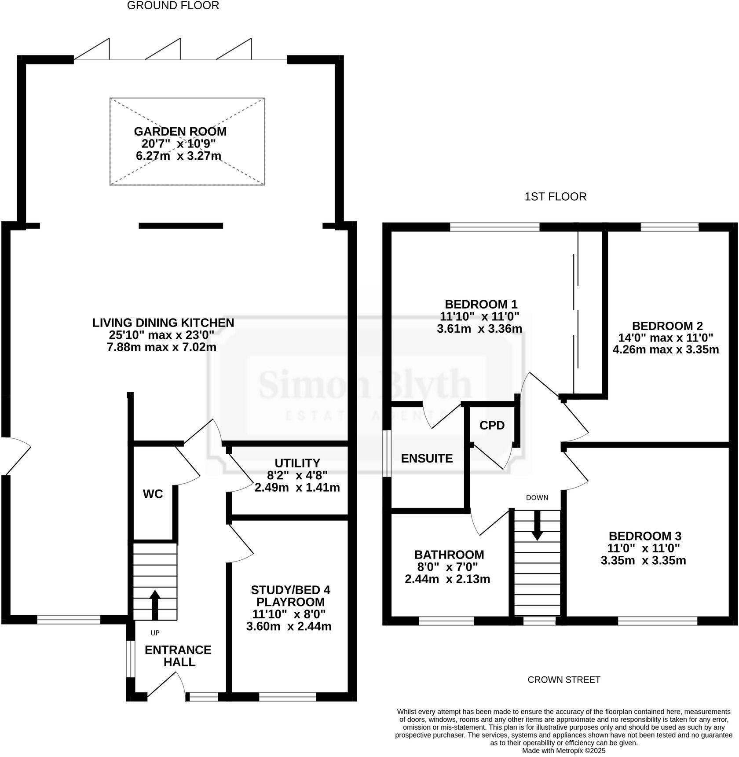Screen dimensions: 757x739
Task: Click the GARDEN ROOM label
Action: (x=180, y=132)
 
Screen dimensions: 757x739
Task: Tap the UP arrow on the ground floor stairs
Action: (x=155, y=606)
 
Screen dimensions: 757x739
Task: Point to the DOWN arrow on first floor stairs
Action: (x=537, y=525)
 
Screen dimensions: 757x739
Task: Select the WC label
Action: (x=153, y=494)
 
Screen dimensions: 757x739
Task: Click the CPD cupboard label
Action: (x=492, y=426)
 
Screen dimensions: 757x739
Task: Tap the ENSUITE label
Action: (x=427, y=459)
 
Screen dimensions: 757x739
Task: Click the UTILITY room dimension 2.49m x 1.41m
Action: (x=297, y=488)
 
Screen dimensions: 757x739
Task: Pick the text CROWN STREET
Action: (x=563, y=680)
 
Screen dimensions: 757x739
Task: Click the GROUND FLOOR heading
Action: (x=173, y=6)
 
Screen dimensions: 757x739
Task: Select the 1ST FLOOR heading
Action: (x=555, y=197)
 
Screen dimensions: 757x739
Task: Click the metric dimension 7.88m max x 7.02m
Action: (x=161, y=347)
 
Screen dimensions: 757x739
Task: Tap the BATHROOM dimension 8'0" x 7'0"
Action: (x=447, y=567)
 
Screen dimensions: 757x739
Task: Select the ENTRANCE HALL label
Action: (x=178, y=656)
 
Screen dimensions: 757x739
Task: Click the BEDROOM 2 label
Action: (x=667, y=326)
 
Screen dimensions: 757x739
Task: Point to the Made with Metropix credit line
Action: (x=563, y=751)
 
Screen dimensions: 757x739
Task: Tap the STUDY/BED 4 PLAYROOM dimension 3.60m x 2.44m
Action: (x=289, y=626)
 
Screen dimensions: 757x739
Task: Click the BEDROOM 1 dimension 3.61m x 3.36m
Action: (x=479, y=328)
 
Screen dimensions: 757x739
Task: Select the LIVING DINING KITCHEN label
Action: (x=163, y=323)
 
